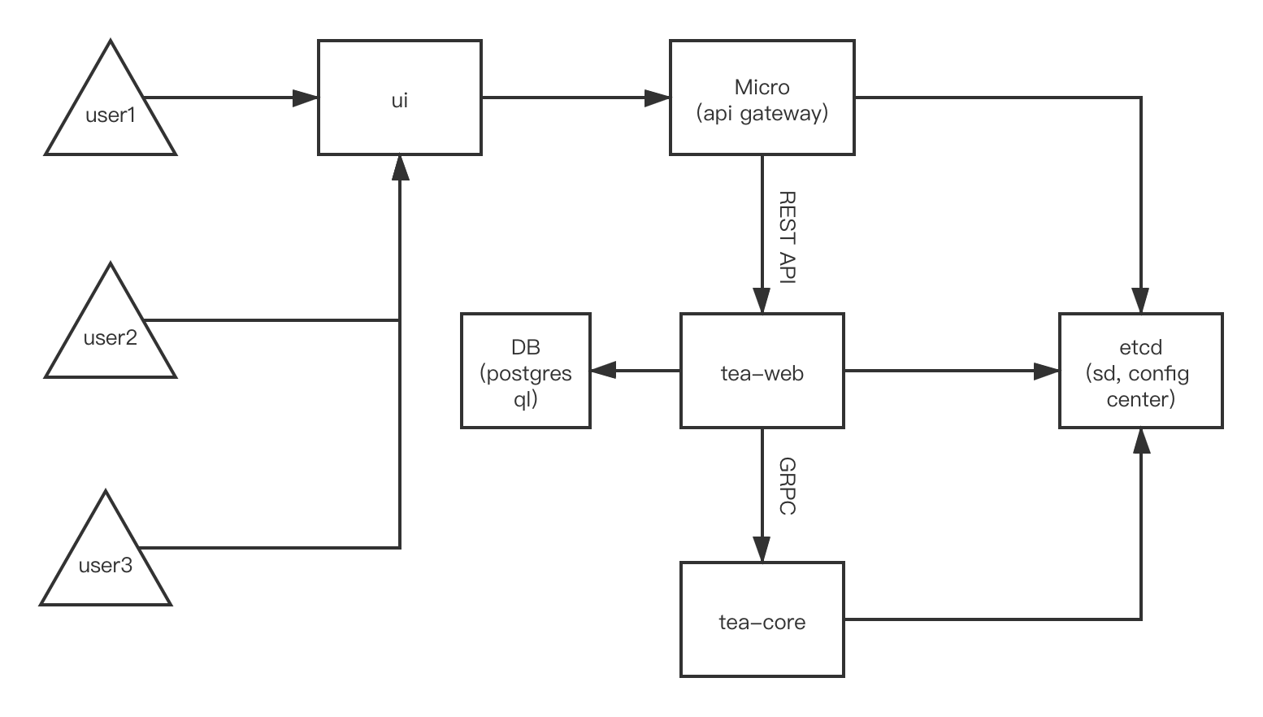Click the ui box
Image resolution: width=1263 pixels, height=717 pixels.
point(399,98)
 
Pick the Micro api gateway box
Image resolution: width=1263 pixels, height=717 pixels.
point(762,98)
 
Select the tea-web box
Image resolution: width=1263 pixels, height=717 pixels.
point(762,371)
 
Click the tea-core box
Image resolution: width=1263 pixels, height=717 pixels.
point(762,619)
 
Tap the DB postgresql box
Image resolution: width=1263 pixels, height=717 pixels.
point(525,371)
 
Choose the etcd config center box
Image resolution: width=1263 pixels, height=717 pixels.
point(1140,371)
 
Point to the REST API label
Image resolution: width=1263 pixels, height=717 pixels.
point(787,237)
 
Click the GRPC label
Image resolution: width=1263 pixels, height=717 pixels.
point(787,485)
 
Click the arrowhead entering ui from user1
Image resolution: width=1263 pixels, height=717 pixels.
point(306,98)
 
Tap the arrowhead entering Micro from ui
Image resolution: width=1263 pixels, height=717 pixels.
point(658,98)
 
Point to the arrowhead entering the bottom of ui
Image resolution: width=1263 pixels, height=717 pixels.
point(399,167)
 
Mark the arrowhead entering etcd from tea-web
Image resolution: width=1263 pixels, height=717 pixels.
point(1047,372)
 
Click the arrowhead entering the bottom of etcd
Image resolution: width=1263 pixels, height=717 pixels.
point(1141,441)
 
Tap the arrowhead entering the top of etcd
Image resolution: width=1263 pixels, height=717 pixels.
point(1141,301)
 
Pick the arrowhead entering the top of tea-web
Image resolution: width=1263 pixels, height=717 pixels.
point(762,301)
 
